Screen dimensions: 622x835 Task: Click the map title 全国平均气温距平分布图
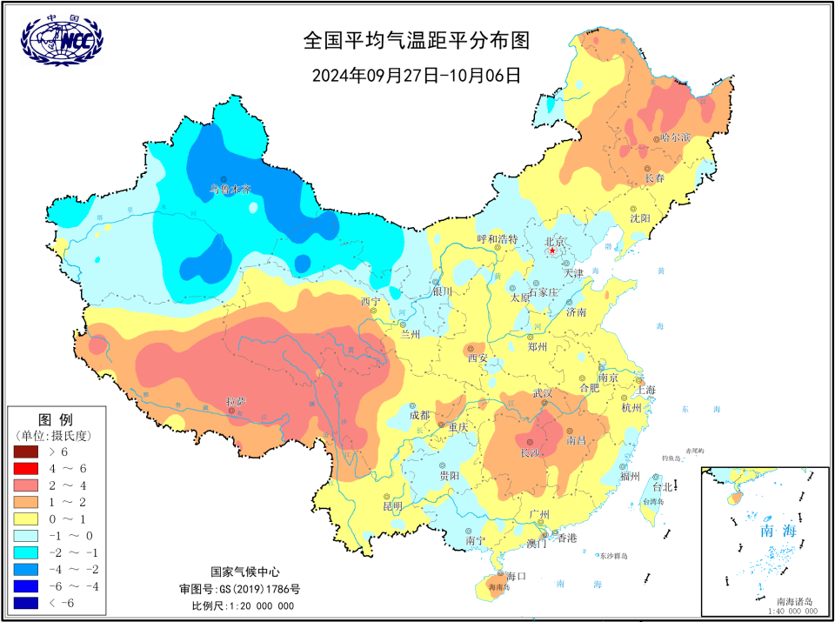[x=416, y=41]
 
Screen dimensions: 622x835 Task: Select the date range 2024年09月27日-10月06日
[x=416, y=74]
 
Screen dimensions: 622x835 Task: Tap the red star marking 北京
[x=552, y=251]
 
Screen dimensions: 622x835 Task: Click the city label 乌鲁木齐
[x=230, y=188]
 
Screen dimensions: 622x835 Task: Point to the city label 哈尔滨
[x=675, y=137]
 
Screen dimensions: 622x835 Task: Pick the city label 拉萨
[x=236, y=401]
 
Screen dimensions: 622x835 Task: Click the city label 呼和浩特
[x=497, y=238]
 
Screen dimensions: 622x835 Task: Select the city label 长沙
[x=531, y=453]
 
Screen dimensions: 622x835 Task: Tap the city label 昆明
[x=392, y=505]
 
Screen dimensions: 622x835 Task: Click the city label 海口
[x=517, y=576]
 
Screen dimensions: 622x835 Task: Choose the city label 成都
[x=420, y=415]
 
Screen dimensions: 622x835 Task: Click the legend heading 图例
[x=56, y=419]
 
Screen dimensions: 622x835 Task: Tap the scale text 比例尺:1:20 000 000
[x=243, y=605]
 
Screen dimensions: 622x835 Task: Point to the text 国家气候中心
[x=244, y=572]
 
